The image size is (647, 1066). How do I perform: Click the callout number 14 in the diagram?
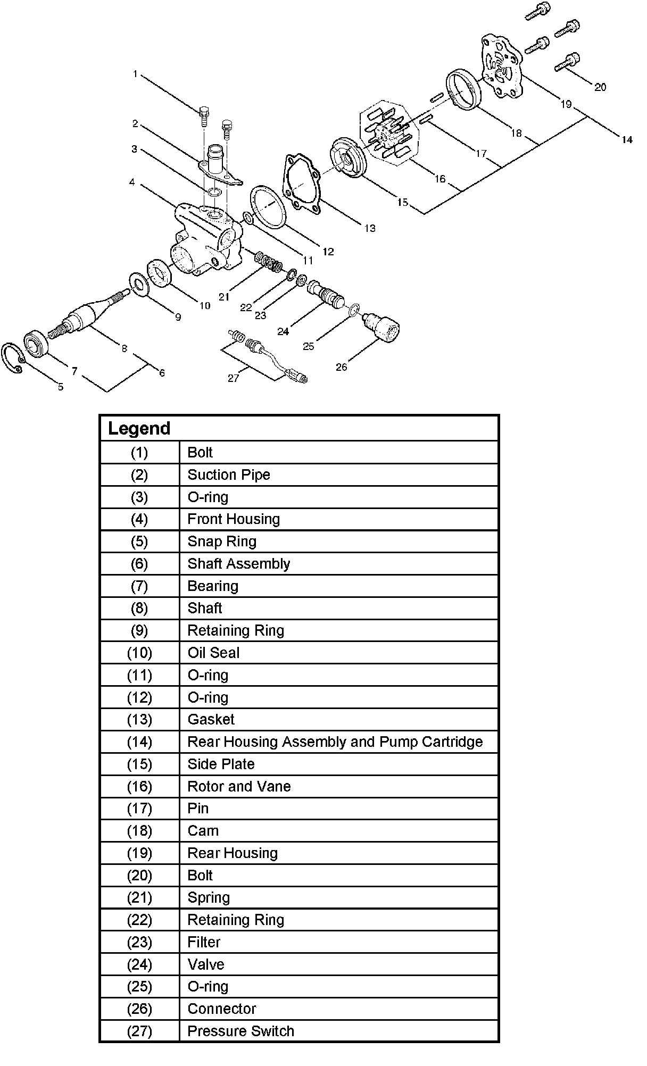tap(627, 140)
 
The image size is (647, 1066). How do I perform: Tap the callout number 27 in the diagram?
tap(234, 378)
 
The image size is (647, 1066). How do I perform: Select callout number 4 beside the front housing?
tap(131, 183)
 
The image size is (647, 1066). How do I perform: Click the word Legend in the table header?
tap(139, 429)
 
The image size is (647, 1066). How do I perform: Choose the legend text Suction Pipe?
tap(229, 475)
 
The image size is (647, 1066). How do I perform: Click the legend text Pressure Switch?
tap(240, 1031)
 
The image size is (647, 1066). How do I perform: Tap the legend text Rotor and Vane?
tap(239, 786)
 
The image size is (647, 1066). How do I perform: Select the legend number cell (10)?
tap(139, 653)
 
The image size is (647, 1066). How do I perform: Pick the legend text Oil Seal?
tap(213, 653)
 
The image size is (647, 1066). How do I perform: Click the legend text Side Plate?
tap(221, 764)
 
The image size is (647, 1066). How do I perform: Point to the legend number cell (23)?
tap(139, 942)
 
